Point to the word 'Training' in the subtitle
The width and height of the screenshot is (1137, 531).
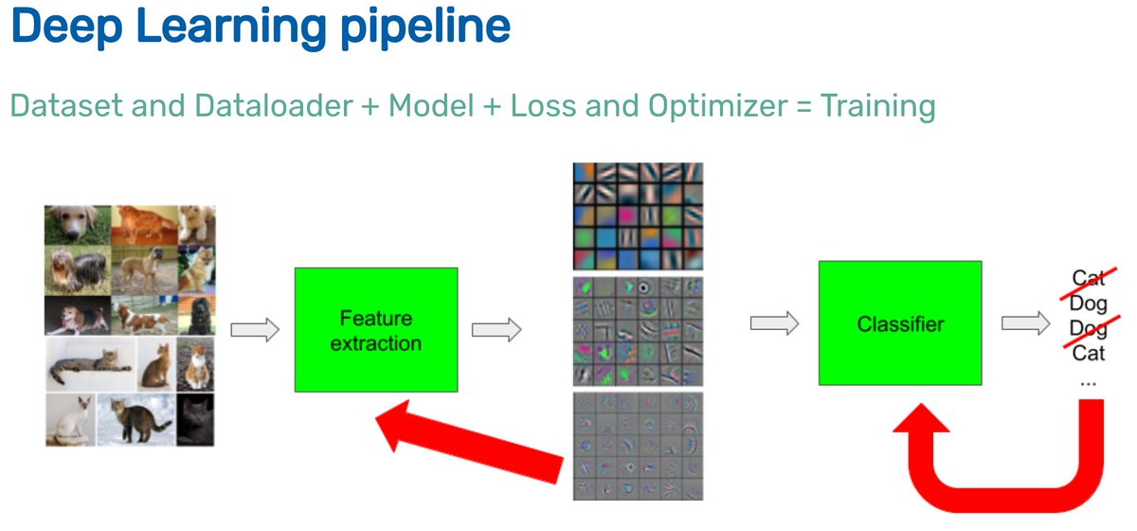tap(877, 105)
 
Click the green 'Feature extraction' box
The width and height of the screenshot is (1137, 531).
tap(376, 329)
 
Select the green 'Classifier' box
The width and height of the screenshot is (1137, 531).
tap(899, 324)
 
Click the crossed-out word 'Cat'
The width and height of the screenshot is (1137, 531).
tap(1089, 278)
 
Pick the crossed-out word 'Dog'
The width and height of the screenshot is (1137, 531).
tap(1089, 328)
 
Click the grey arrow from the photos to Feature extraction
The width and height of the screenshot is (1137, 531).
tap(256, 330)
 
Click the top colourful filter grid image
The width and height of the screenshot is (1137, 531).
tap(637, 216)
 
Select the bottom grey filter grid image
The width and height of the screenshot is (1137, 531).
tap(637, 446)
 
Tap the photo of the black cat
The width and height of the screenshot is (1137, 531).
tap(196, 419)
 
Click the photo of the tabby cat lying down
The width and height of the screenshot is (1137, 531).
tap(89, 364)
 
